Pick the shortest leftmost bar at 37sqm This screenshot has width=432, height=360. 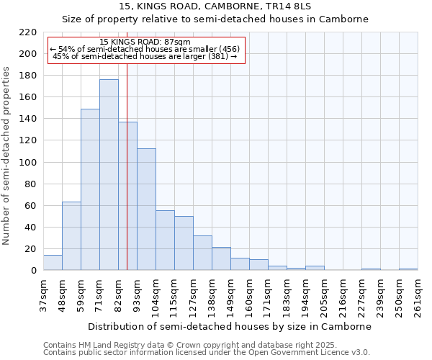53,263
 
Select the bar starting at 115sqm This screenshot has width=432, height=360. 184,243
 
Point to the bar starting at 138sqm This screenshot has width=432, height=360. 221,258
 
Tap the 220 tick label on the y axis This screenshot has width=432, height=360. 28,32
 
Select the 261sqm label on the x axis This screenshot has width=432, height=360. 418,295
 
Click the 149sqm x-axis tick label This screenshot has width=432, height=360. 230,295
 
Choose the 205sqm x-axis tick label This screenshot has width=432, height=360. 324,295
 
